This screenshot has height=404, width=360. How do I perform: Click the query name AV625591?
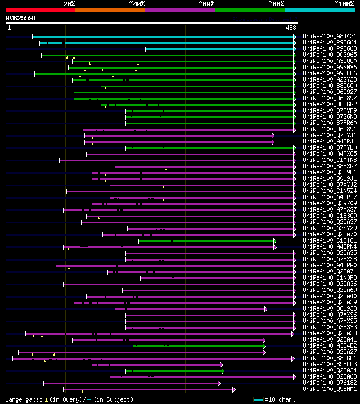point(21,18)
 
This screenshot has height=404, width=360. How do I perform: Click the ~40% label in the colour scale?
point(137,4)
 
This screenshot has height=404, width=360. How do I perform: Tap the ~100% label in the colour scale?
point(344,4)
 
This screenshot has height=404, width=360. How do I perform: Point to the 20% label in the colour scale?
point(69,4)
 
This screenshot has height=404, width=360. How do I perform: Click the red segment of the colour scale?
point(40,10)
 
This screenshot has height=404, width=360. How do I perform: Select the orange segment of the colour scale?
point(110,10)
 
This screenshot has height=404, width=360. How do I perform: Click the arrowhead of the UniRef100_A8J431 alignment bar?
point(295,37)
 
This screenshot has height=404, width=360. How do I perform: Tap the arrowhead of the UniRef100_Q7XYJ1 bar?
point(273,136)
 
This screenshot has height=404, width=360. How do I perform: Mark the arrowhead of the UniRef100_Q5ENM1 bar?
point(233,389)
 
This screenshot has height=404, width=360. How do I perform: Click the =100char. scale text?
point(280,399)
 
